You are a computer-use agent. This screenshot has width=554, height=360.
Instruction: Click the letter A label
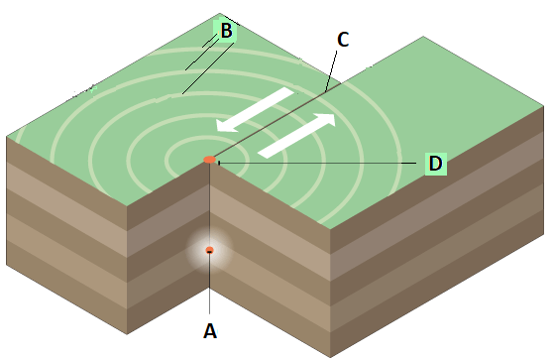pyautogui.click(x=210, y=331)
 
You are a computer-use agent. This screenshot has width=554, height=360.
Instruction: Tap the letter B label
pyautogui.click(x=227, y=31)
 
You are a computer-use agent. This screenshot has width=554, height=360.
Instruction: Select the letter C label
pyautogui.click(x=343, y=40)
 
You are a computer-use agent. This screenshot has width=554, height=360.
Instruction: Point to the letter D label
pyautogui.click(x=435, y=164)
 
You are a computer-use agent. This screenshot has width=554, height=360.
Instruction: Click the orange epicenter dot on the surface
pyautogui.click(x=209, y=160)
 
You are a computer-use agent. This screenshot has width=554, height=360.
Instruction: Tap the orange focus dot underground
pyautogui.click(x=209, y=250)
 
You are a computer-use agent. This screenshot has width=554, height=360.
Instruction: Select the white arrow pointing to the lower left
pyautogui.click(x=255, y=110)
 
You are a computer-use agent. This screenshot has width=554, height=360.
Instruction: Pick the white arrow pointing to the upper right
pyautogui.click(x=296, y=136)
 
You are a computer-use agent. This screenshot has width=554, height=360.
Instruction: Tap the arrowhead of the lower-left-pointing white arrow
pyautogui.click(x=227, y=126)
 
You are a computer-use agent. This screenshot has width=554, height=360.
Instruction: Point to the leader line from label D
pyautogui.click(x=317, y=163)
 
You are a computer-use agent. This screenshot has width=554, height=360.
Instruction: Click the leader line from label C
pyautogui.click(x=331, y=70)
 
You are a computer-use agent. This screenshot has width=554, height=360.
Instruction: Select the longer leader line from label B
pyautogui.click(x=208, y=68)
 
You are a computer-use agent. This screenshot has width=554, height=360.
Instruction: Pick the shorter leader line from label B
pyautogui.click(x=201, y=55)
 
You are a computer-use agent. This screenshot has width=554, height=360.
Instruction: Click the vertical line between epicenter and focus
pyautogui.click(x=209, y=205)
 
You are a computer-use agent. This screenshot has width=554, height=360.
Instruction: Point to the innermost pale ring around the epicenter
pyautogui.click(x=166, y=161)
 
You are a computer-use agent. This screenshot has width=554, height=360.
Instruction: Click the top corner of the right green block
pyautogui.click(x=423, y=37)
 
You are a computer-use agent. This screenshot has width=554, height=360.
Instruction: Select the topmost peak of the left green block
pyautogui.click(x=220, y=14)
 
